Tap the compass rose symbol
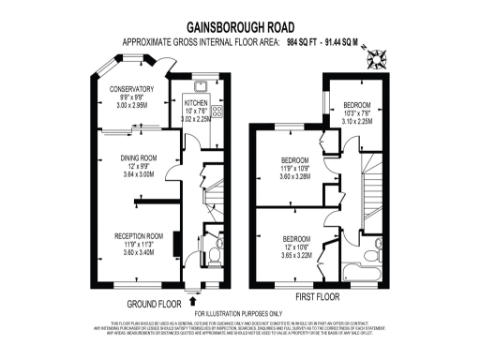pyautogui.click(x=379, y=60)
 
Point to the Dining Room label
pyautogui.click(x=137, y=157)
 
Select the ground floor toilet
pyautogui.click(x=215, y=252)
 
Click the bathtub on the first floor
pyautogui.click(x=354, y=272)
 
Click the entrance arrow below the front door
pyautogui.click(x=193, y=300)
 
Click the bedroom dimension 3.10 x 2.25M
pyautogui.click(x=357, y=121)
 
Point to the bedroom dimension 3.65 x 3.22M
pyautogui.click(x=296, y=255)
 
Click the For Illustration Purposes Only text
pyautogui.click(x=238, y=313)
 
